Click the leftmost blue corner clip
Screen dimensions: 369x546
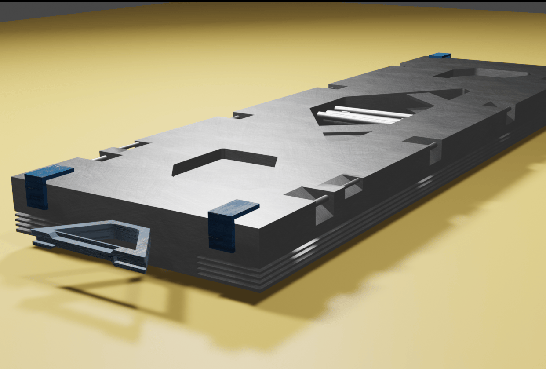[x=37, y=187]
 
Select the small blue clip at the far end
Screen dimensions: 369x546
[x=440, y=56]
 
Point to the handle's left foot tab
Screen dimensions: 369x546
[x=44, y=243]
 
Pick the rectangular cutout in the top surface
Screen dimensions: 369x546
[x=224, y=160]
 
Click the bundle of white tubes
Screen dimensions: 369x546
[x=365, y=115]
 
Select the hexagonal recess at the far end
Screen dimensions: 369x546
[x=481, y=73]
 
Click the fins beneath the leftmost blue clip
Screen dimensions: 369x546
[x=25, y=222]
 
